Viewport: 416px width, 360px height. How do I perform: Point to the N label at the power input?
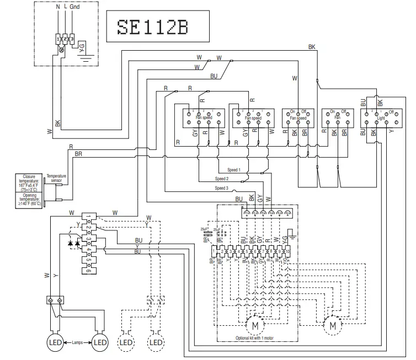58,7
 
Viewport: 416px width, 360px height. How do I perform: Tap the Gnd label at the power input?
74,7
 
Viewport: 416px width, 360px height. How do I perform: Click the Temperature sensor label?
56,179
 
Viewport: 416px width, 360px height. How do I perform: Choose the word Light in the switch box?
381,118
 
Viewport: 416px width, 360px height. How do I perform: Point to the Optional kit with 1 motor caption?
254,337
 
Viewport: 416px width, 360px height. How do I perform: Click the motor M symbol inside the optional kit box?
254,325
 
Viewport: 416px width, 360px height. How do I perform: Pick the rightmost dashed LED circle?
157,342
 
